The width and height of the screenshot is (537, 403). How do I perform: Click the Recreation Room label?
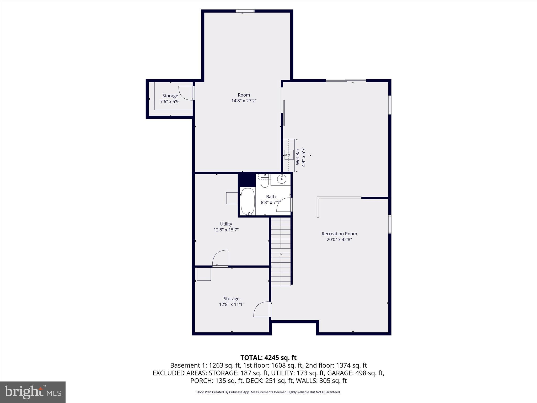[339, 234]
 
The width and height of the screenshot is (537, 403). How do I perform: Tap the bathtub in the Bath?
[248, 201]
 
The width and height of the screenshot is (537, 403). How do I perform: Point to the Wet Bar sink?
[289, 155]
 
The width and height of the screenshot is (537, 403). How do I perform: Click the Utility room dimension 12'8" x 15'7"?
[226, 230]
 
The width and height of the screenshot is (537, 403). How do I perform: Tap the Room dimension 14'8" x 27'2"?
[244, 101]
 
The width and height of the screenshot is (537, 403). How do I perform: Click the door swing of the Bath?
[284, 205]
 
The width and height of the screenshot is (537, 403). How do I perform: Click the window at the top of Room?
[245, 11]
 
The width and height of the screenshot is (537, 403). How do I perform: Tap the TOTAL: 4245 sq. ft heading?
[268, 358]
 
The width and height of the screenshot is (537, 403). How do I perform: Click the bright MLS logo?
[33, 392]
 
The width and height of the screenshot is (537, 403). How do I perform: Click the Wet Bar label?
[298, 157]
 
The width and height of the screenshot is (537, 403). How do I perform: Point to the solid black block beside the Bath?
[246, 180]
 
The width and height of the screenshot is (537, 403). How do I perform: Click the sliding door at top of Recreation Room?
[346, 81]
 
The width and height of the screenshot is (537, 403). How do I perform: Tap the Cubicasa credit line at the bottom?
[268, 392]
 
